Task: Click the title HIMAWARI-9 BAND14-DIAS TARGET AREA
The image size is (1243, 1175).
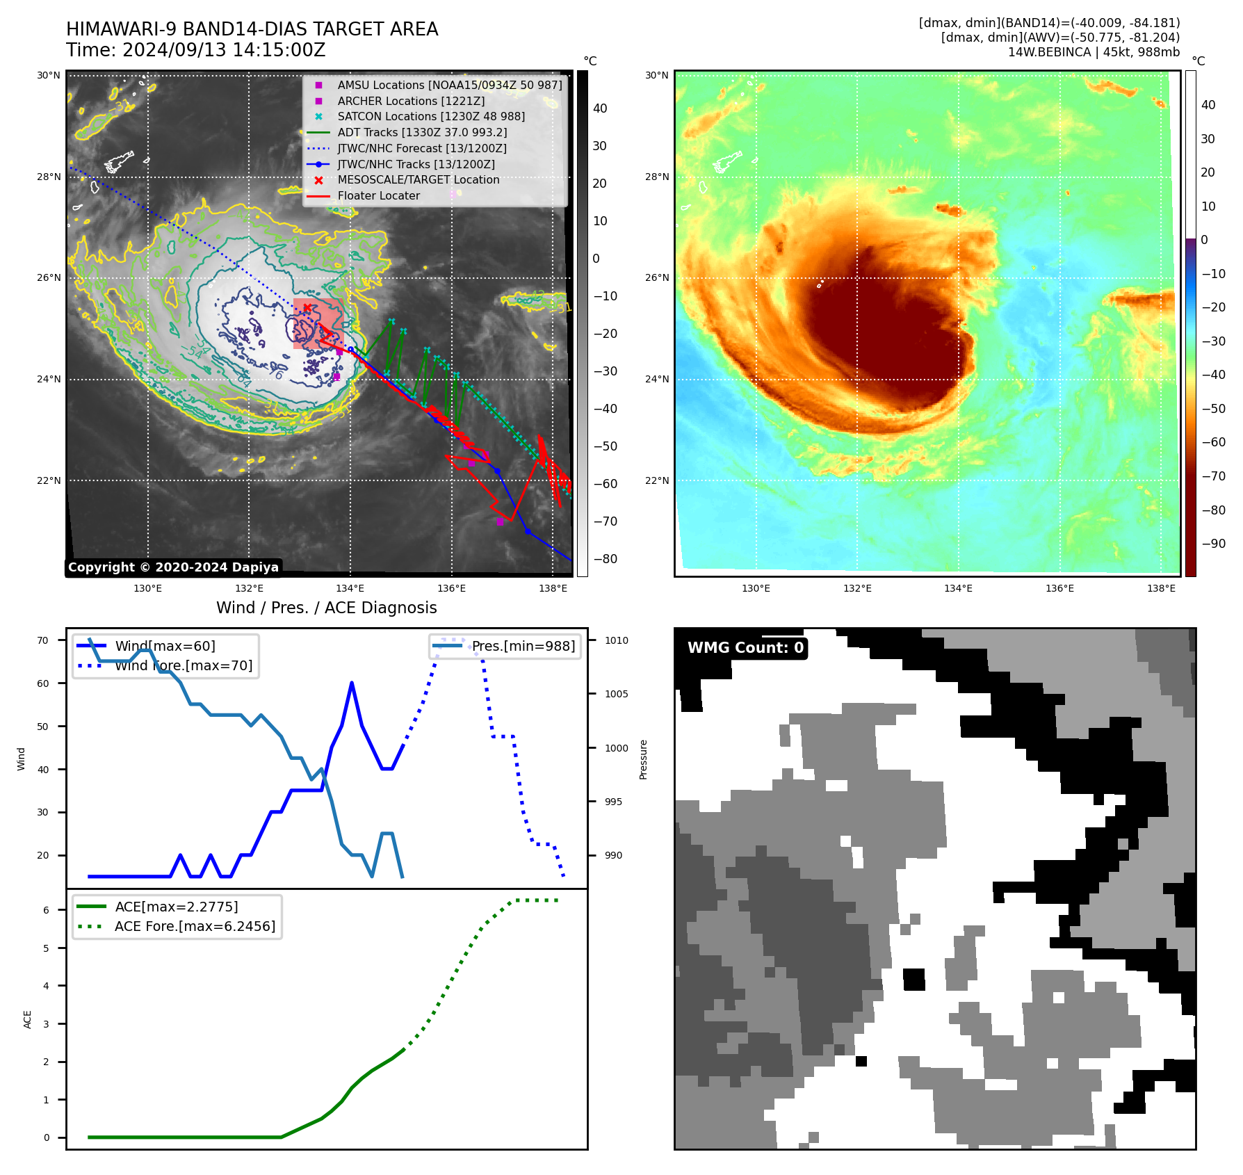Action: click(252, 29)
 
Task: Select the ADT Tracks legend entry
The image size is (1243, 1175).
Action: click(422, 132)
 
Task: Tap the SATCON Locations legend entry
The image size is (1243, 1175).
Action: click(431, 116)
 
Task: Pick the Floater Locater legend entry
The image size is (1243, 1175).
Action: click(378, 195)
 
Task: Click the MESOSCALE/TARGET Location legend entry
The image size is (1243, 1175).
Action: click(418, 179)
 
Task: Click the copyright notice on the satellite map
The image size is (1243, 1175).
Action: click(173, 567)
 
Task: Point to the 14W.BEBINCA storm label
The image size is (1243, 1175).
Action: click(1094, 52)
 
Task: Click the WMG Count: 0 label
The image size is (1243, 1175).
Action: click(745, 648)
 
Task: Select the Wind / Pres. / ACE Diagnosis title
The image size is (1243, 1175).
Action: click(326, 608)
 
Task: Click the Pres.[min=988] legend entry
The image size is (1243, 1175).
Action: click(523, 646)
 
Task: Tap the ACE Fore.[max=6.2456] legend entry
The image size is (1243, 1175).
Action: click(195, 926)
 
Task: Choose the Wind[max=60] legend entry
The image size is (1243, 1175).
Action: click(165, 646)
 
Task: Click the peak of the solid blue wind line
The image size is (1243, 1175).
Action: click(352, 683)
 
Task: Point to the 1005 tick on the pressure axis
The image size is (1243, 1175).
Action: click(616, 694)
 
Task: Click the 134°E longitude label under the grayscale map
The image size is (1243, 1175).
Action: click(350, 588)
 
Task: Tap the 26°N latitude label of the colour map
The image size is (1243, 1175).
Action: click(657, 277)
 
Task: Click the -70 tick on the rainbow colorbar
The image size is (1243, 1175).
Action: click(1214, 476)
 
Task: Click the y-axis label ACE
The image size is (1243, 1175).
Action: click(28, 1019)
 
